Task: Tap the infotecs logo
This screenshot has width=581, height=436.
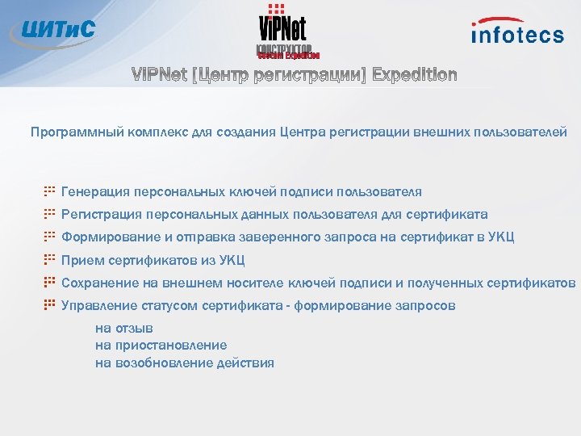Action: tap(517, 31)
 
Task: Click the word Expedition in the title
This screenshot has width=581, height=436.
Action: tap(414, 76)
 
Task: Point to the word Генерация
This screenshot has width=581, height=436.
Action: tap(93, 192)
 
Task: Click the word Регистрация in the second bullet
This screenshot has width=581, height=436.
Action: tap(99, 215)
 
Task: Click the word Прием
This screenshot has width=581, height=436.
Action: tap(80, 260)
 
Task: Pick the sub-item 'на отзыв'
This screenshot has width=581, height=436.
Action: tap(124, 329)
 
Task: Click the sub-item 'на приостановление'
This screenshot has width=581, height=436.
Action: tap(161, 346)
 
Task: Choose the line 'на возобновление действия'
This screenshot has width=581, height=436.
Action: tap(185, 363)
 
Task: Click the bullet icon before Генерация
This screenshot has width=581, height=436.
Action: tap(49, 192)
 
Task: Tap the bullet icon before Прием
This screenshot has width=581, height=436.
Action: tap(49, 260)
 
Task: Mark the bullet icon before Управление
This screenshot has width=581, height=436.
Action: tap(49, 305)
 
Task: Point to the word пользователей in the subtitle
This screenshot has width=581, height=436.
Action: tap(526, 132)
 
